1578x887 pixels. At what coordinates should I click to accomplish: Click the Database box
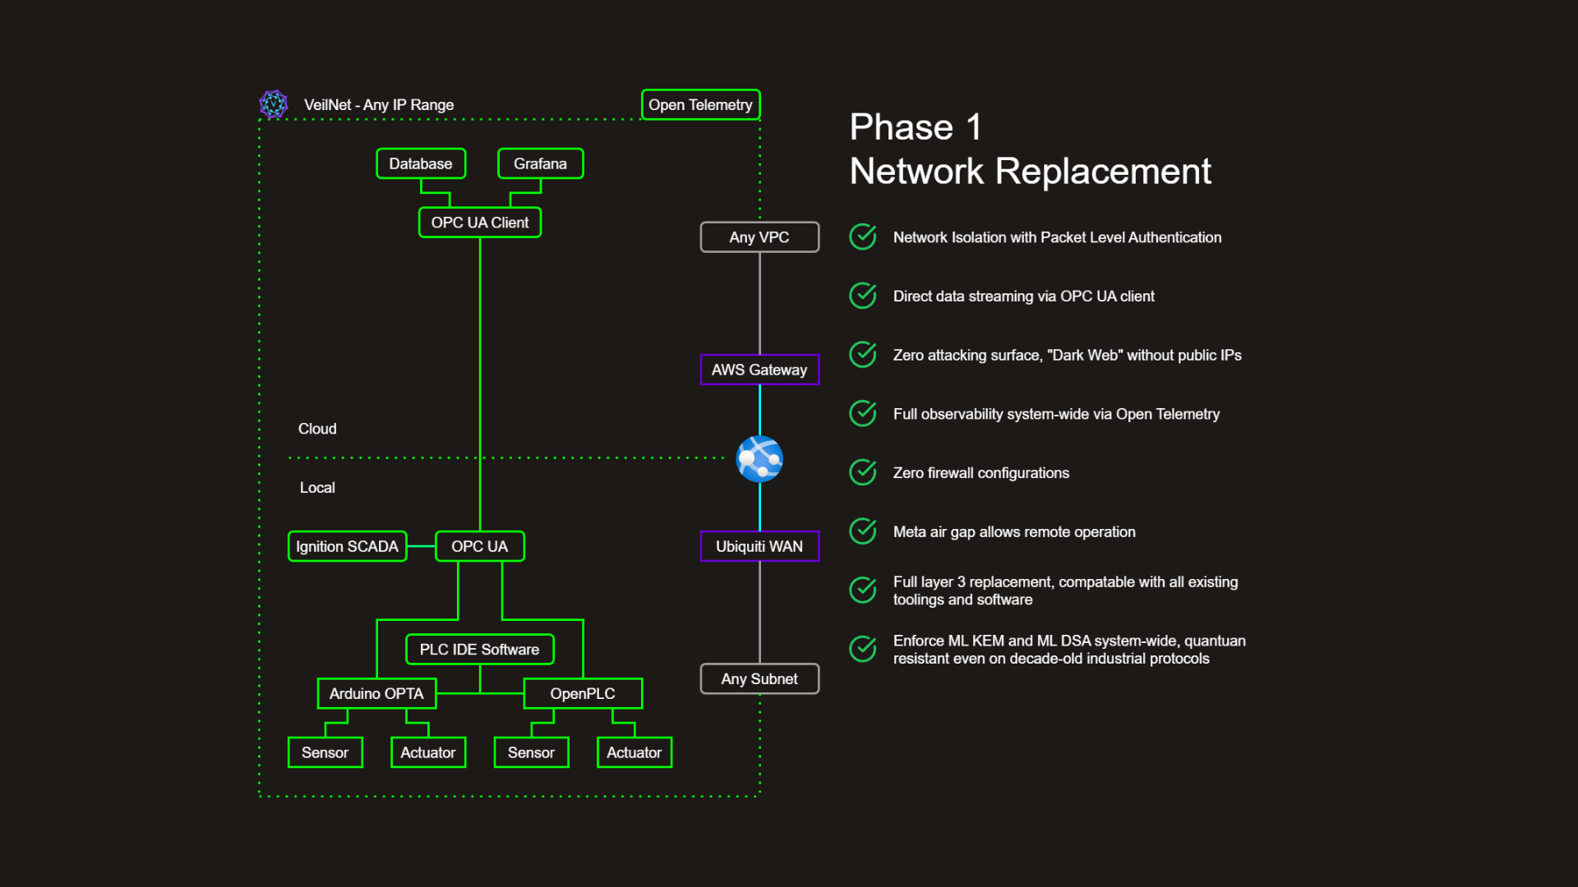[420, 163]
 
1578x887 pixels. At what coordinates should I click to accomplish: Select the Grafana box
[540, 163]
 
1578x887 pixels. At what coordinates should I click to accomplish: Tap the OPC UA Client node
[479, 223]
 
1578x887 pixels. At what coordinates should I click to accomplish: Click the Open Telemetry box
[700, 105]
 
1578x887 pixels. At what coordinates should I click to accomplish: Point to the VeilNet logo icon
[274, 104]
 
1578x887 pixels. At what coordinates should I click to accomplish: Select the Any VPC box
[759, 237]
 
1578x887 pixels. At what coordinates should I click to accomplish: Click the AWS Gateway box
[759, 370]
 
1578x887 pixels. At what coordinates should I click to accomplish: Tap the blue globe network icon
[759, 458]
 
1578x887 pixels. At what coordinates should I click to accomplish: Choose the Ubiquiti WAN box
[759, 546]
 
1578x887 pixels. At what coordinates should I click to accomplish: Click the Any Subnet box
[759, 679]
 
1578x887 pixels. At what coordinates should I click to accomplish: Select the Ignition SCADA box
[347, 546]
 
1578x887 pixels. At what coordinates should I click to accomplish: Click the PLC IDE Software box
[479, 650]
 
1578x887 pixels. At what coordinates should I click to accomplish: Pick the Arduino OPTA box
[376, 693]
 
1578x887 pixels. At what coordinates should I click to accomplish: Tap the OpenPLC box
[582, 693]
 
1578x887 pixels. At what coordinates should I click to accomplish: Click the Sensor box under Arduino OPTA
[325, 752]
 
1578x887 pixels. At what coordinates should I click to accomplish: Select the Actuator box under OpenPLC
[634, 752]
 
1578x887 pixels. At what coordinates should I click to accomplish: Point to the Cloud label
[317, 429]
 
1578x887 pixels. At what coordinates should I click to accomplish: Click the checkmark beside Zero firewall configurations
[863, 472]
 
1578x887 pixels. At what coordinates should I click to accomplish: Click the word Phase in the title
[901, 127]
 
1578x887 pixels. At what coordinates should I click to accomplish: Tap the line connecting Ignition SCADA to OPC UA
[421, 546]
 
